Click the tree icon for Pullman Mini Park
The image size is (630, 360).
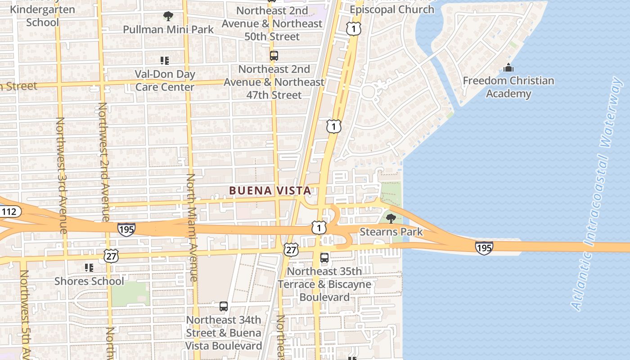click(x=168, y=17)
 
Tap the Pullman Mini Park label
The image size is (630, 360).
click(x=168, y=30)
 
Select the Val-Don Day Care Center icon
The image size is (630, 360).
click(x=165, y=60)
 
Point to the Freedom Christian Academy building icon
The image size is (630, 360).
click(x=508, y=68)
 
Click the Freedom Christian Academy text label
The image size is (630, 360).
click(x=508, y=87)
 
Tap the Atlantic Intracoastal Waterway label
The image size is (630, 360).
click(x=598, y=193)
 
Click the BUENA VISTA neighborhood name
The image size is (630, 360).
click(x=270, y=191)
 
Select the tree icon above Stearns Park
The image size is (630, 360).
click(x=391, y=219)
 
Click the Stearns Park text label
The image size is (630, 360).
click(x=391, y=232)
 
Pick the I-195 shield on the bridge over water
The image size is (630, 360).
click(x=484, y=247)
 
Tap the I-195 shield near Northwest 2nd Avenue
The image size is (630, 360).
click(x=126, y=229)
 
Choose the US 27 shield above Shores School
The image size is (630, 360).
click(x=111, y=256)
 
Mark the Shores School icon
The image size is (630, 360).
click(x=89, y=268)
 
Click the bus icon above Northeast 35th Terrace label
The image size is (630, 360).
click(x=324, y=258)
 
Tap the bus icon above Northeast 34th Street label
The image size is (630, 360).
click(x=224, y=306)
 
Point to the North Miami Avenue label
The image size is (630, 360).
click(x=191, y=227)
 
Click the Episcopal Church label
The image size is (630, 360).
click(x=392, y=9)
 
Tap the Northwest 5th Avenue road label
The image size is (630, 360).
click(x=25, y=315)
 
